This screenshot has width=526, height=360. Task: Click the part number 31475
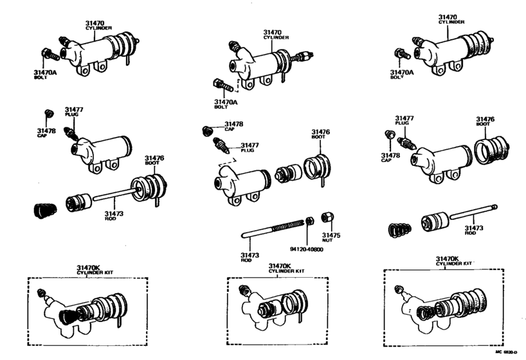coord(331,236)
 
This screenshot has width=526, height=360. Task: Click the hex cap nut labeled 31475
coord(327,217)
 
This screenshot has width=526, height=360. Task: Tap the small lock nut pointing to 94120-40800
coord(309,221)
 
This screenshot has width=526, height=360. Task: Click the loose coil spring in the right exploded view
coord(399,229)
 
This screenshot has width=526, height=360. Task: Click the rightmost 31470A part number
coord(401,72)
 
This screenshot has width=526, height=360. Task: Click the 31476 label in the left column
coord(154,157)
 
